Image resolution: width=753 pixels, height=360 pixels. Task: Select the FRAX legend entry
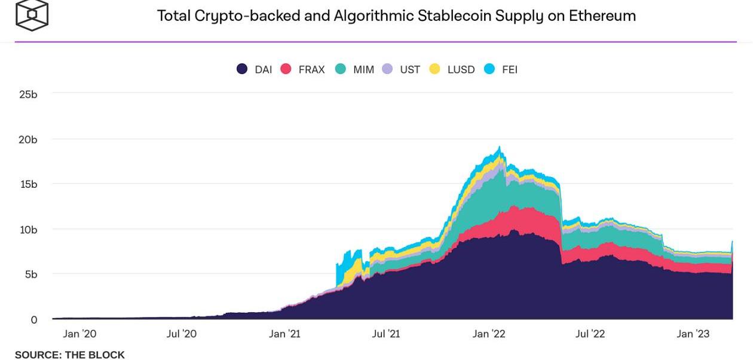click(303, 69)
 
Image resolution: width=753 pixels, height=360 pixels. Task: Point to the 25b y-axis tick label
click(28, 94)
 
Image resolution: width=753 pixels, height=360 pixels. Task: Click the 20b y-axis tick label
click(28, 139)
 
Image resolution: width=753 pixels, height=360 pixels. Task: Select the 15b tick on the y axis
click(28, 184)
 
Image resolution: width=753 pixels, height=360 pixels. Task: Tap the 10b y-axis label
click(28, 230)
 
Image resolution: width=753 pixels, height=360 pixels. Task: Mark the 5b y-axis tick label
click(30, 274)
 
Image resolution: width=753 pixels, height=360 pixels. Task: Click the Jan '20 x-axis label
click(79, 334)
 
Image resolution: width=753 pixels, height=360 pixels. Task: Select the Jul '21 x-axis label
click(385, 334)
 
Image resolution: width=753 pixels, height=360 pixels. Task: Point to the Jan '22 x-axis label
click(488, 334)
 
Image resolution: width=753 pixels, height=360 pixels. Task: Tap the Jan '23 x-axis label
click(693, 334)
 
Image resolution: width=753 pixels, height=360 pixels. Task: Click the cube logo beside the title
click(32, 14)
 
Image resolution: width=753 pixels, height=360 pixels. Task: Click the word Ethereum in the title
click(602, 16)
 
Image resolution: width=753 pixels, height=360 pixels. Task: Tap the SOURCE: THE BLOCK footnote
click(70, 355)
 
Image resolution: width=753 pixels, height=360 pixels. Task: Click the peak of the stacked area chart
click(500, 147)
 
